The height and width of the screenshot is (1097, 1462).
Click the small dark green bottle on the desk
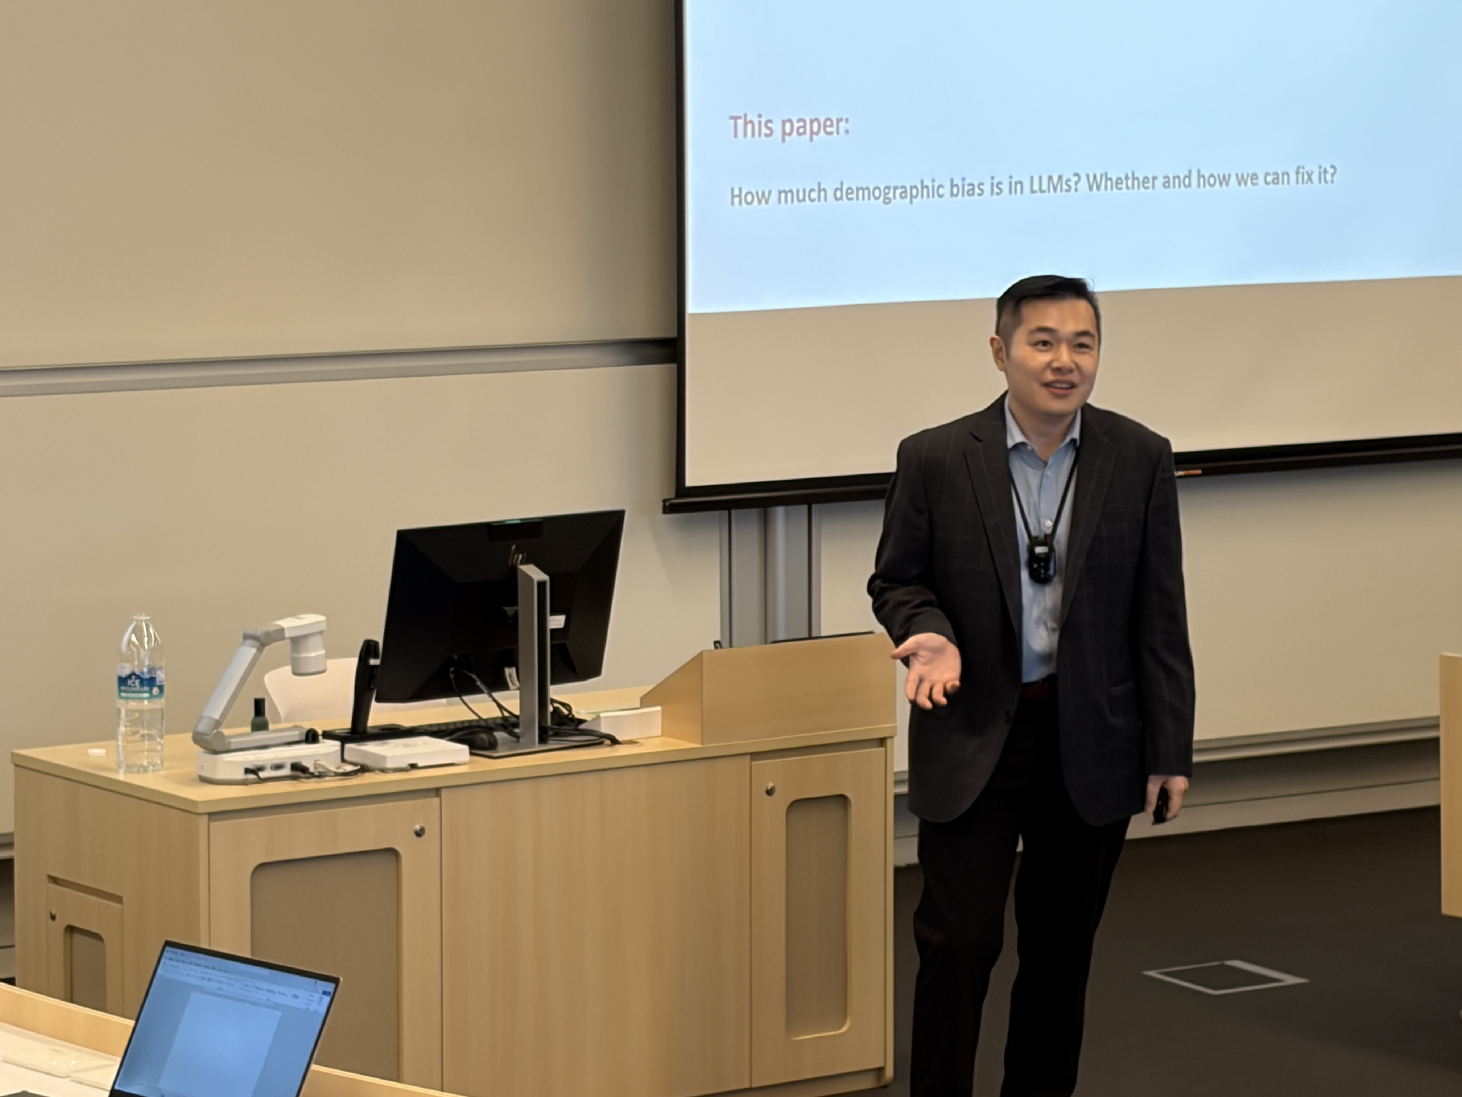(259, 714)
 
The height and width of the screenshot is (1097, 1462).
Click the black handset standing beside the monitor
(365, 685)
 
